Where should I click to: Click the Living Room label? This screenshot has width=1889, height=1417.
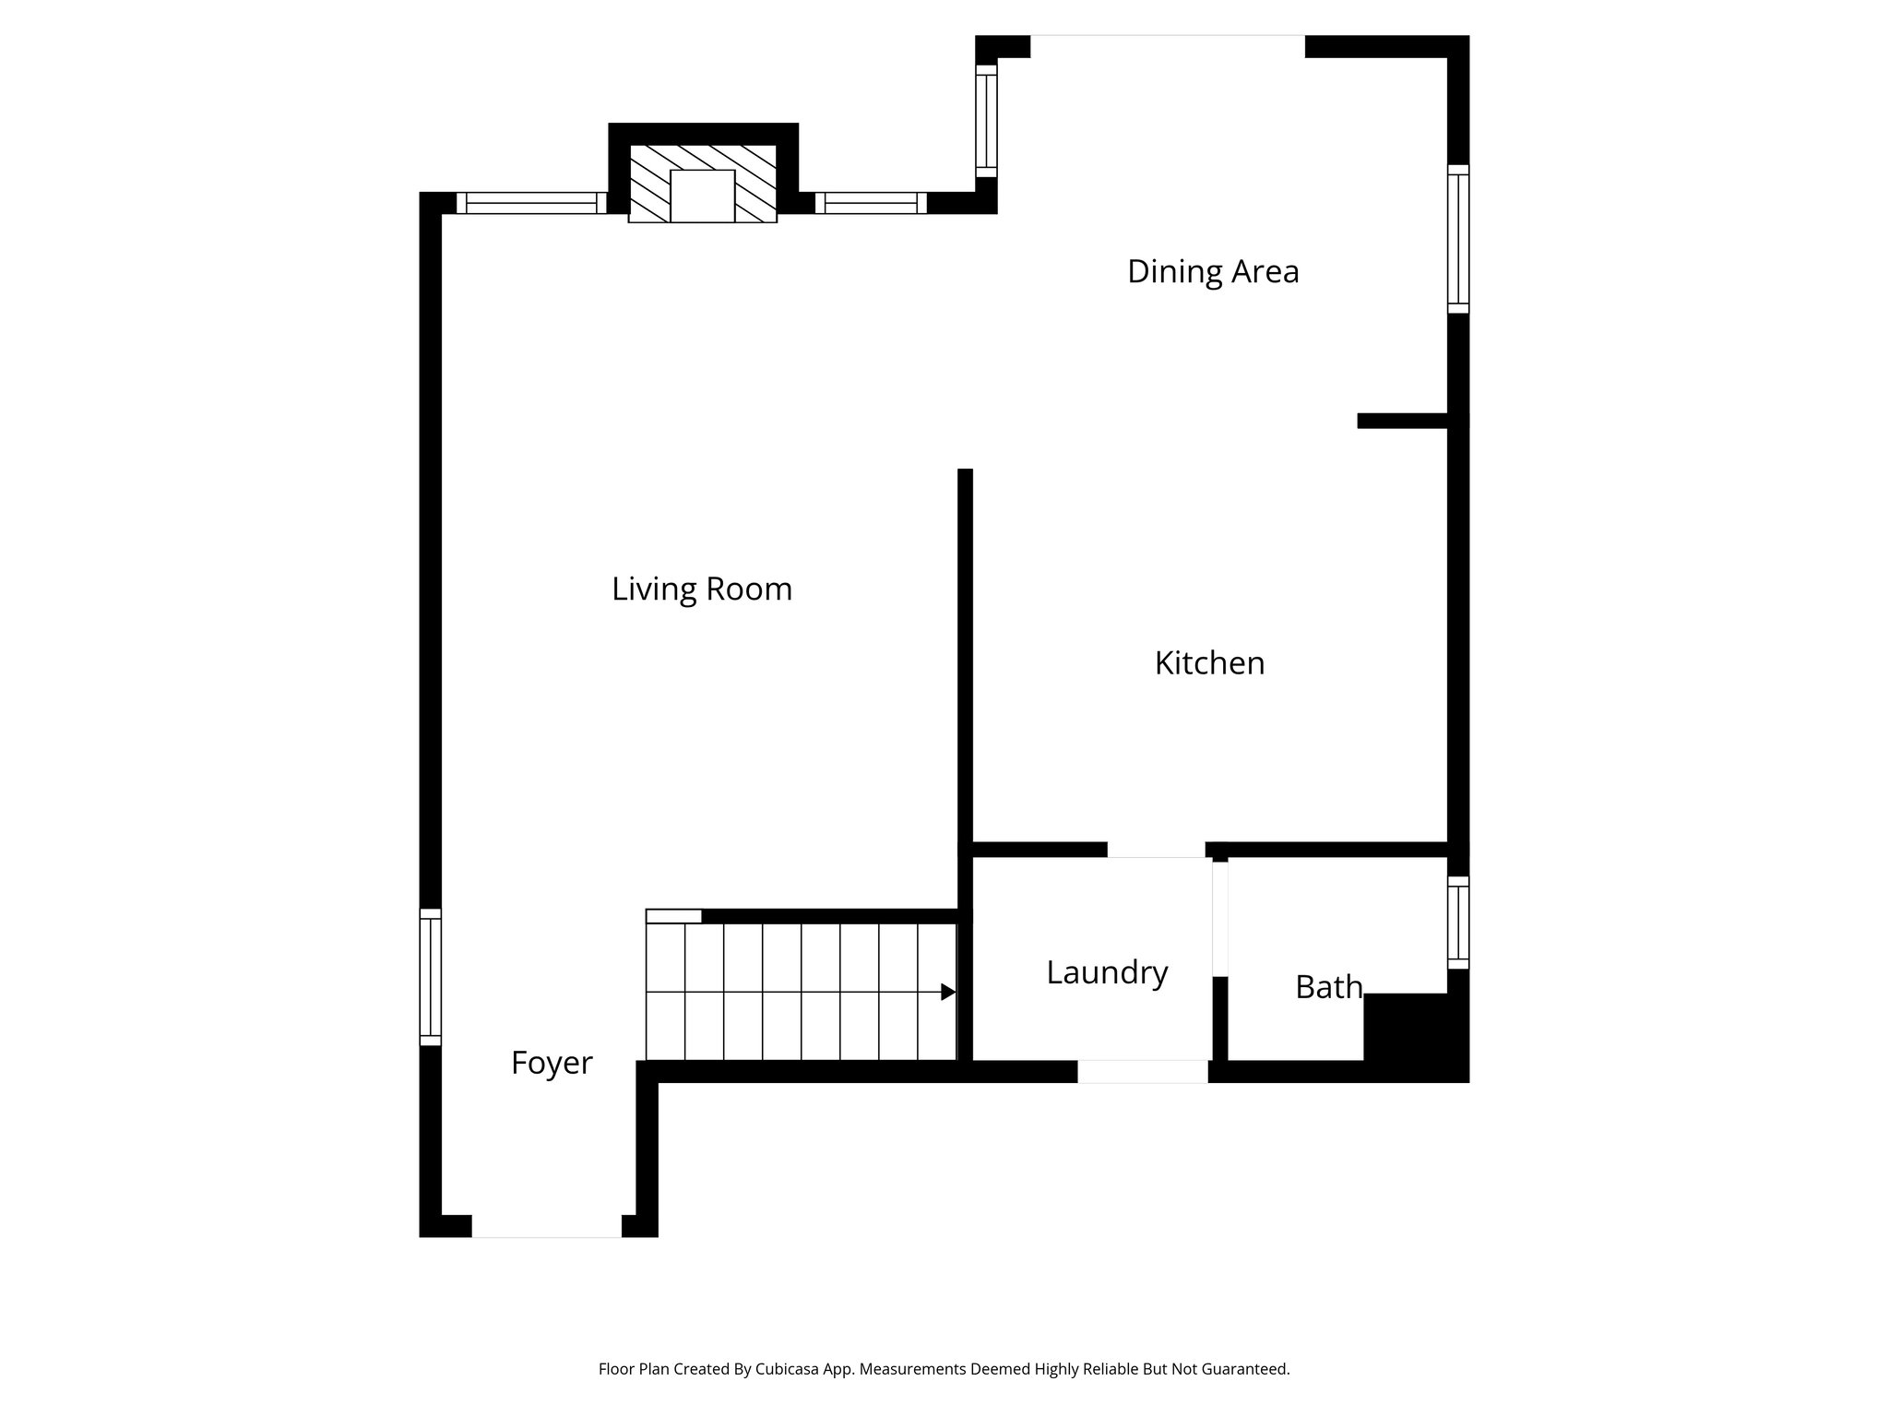coord(702,589)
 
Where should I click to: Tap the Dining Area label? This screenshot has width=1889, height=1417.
coord(1213,271)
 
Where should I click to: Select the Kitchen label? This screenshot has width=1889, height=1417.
coord(1209,663)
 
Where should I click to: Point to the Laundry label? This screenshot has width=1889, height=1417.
coord(1107,972)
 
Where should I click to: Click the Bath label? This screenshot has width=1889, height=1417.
coord(1328,987)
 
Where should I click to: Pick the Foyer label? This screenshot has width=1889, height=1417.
coord(552,1063)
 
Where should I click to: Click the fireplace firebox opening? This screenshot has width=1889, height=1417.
coord(702,196)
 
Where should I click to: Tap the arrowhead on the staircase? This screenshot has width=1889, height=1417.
coord(947,992)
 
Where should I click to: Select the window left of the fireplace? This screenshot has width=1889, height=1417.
coord(531,203)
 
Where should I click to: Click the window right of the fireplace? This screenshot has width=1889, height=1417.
coord(871,203)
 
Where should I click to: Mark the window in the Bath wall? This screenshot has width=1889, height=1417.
coord(1457,923)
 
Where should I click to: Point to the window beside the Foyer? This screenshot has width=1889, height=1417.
coord(430,977)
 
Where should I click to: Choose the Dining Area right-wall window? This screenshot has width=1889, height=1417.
coord(1457,239)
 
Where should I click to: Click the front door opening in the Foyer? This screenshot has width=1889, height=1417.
coord(547,1226)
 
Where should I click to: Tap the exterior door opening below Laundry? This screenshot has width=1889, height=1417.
coord(1142,1071)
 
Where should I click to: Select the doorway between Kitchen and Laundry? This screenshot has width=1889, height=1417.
coord(1156,850)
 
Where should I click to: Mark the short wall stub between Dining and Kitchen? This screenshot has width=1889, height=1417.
coord(1402,421)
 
